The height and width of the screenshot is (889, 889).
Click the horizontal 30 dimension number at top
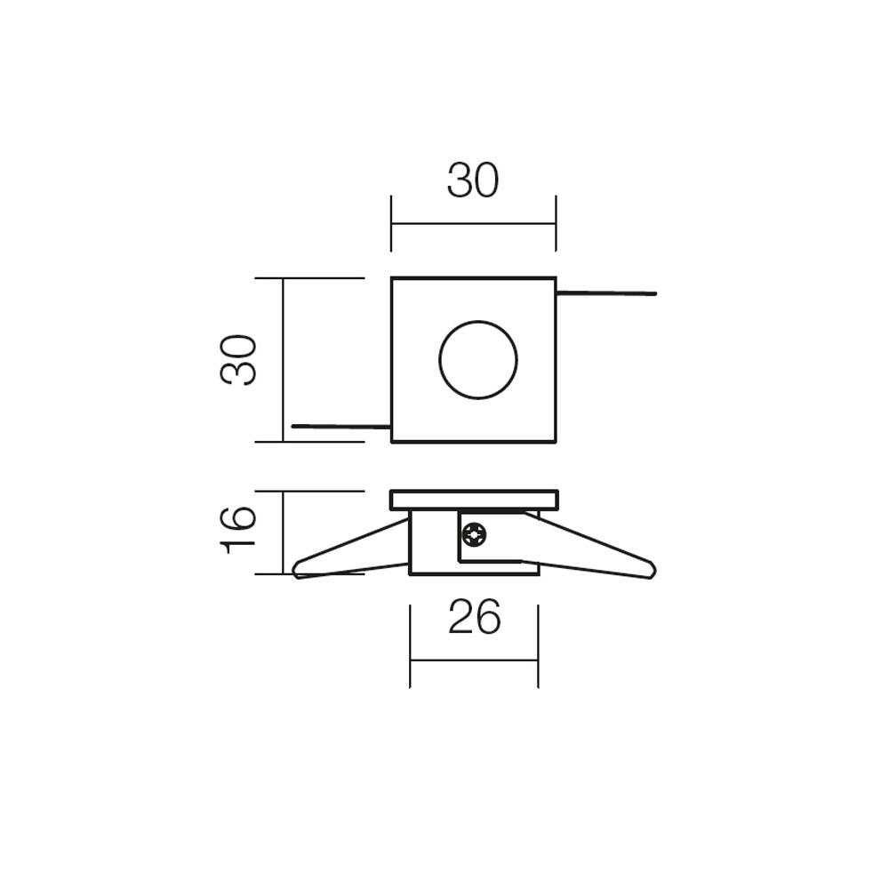[x=473, y=181]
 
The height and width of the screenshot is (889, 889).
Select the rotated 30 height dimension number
[x=239, y=359]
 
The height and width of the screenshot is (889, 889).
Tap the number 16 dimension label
[x=239, y=530]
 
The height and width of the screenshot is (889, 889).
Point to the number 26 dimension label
[x=474, y=618]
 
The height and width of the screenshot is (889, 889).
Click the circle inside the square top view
[x=478, y=360]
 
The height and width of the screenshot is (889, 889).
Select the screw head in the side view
[x=474, y=535]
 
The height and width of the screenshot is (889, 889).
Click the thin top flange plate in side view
[x=474, y=500]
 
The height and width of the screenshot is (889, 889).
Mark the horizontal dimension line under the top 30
[x=473, y=224]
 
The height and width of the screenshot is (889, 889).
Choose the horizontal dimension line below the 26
[x=474, y=661]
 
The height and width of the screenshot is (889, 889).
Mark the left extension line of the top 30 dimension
[x=391, y=223]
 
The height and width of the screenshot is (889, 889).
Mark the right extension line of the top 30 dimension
[x=556, y=223]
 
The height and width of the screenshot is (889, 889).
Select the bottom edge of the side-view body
[x=474, y=574]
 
